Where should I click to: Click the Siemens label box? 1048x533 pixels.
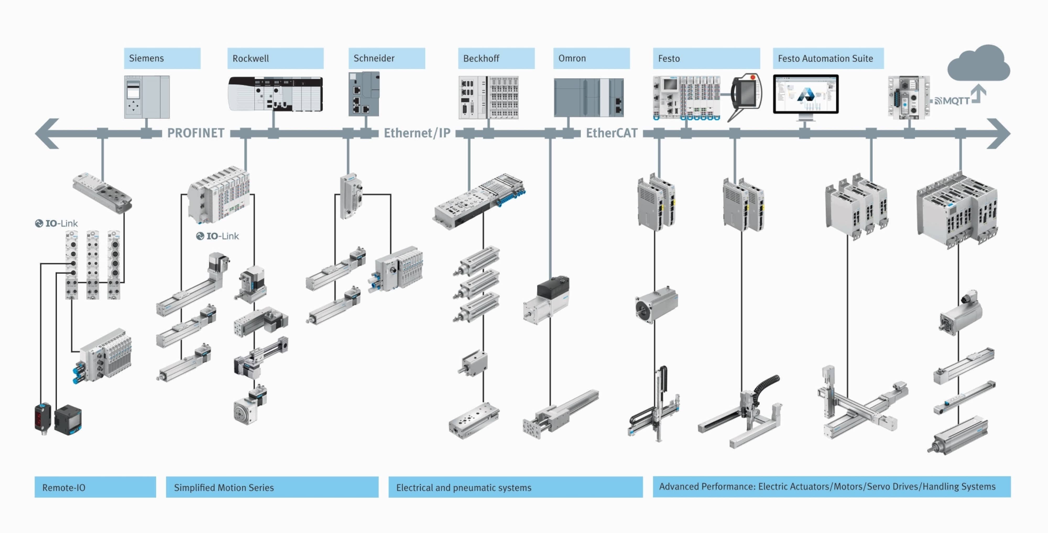click(162, 58)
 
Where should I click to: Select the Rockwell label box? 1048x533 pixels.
click(275, 58)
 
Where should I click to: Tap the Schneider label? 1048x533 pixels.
click(386, 58)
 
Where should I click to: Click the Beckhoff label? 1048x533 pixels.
click(496, 58)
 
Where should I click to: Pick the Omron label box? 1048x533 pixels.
click(591, 58)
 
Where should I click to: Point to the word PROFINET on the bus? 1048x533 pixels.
click(196, 133)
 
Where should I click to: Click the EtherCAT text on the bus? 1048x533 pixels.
click(612, 133)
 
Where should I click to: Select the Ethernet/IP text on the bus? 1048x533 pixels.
click(417, 133)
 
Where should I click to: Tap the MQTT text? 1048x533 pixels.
click(956, 101)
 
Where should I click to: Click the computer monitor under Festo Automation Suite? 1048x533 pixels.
click(806, 94)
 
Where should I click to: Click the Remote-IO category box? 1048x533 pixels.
click(95, 487)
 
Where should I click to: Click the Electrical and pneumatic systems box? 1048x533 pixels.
click(515, 487)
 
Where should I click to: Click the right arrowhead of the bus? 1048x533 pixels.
click(999, 133)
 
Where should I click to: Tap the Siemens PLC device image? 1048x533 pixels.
click(146, 97)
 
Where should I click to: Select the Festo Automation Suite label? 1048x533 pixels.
click(828, 58)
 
